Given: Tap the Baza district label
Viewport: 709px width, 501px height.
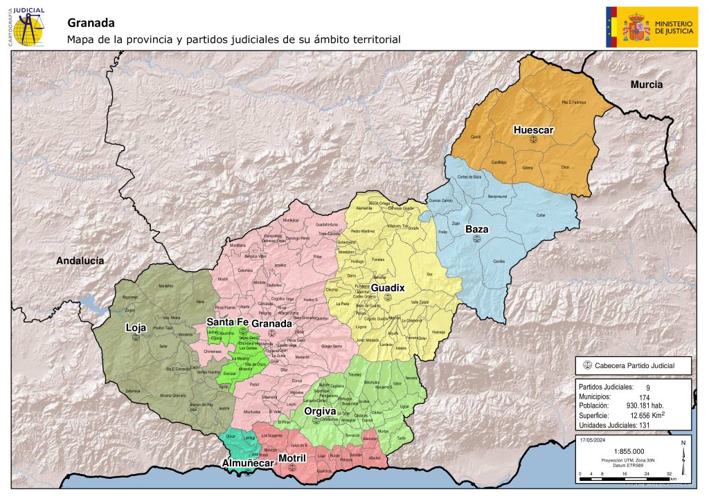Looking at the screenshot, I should pyautogui.click(x=476, y=228).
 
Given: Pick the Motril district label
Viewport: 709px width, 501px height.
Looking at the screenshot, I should pyautogui.click(x=291, y=458).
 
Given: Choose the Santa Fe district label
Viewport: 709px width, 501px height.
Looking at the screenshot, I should pyautogui.click(x=228, y=323).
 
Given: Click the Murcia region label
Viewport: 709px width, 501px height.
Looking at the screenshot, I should pyautogui.click(x=646, y=84).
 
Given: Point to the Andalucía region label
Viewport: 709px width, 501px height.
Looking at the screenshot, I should pyautogui.click(x=80, y=260).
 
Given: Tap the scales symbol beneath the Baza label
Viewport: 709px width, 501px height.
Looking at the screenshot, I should pyautogui.click(x=476, y=238).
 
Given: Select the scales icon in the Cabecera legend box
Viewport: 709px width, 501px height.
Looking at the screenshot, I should pyautogui.click(x=588, y=365).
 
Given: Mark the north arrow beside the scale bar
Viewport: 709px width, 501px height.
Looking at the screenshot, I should pyautogui.click(x=683, y=459).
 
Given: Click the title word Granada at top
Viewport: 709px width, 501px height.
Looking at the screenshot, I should pyautogui.click(x=91, y=24).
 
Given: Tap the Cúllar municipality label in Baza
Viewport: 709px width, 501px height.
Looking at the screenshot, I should pyautogui.click(x=541, y=215).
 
